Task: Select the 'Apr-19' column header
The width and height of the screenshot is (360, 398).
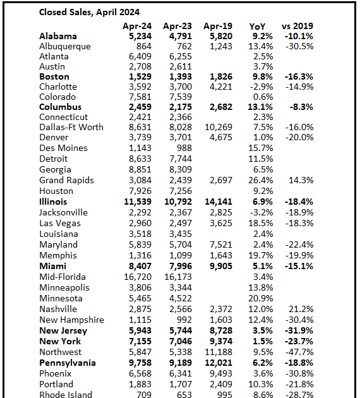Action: pyautogui.click(x=219, y=26)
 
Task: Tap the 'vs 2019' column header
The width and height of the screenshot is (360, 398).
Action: pyautogui.click(x=297, y=26)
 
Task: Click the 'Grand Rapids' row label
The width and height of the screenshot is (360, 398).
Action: pyautogui.click(x=66, y=180)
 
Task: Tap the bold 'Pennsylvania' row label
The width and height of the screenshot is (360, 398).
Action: pyautogui.click(x=68, y=363)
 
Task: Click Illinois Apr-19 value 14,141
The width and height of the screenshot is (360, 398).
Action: pyautogui.click(x=219, y=202)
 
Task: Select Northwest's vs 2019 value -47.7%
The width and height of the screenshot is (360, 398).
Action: pyautogui.click(x=299, y=352)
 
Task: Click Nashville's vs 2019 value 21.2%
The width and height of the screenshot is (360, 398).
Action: pyautogui.click(x=301, y=309)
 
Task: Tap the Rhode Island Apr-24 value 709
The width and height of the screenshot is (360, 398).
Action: pyautogui.click(x=142, y=395)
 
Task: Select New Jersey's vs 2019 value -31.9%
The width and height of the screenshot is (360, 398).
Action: pyautogui.click(x=298, y=330)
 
